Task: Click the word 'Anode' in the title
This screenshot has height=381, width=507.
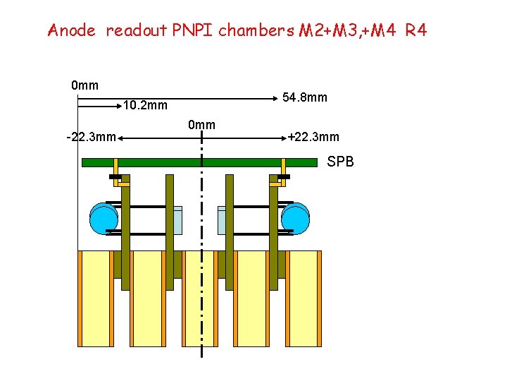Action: click(x=71, y=30)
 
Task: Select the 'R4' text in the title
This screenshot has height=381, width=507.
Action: click(x=415, y=30)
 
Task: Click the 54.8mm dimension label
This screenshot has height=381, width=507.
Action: click(x=304, y=97)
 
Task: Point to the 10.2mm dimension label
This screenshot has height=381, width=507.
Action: click(x=145, y=107)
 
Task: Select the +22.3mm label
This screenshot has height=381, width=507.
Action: click(x=313, y=137)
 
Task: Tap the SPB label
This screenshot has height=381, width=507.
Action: click(x=341, y=162)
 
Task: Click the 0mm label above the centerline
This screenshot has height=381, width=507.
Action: click(x=201, y=125)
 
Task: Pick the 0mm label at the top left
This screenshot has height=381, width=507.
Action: click(x=84, y=86)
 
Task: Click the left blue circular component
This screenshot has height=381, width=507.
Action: click(x=104, y=218)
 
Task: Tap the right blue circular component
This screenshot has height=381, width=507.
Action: click(x=295, y=218)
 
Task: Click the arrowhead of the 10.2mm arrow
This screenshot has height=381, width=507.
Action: click(x=120, y=107)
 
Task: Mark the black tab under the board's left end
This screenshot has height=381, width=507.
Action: click(x=114, y=176)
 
